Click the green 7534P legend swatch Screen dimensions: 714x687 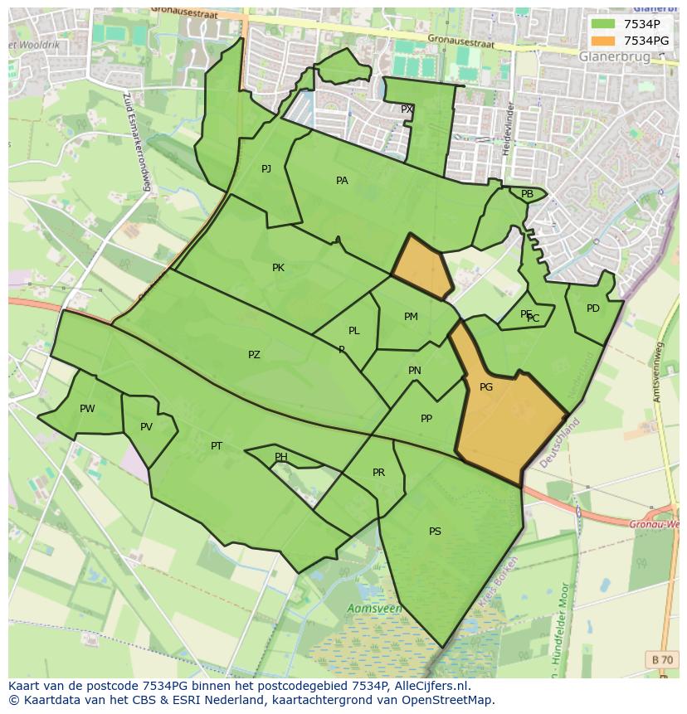(602, 23)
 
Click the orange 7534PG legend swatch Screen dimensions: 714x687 (602, 40)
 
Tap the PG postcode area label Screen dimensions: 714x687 (486, 387)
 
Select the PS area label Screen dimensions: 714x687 (435, 532)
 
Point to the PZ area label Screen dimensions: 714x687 (254, 355)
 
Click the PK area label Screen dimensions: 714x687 (278, 268)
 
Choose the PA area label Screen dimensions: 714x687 (342, 181)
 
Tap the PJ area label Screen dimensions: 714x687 (266, 169)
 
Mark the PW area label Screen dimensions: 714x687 (87, 409)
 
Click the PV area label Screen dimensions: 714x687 (146, 428)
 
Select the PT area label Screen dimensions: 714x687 (217, 446)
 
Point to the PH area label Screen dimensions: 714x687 (281, 457)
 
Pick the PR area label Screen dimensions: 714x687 (378, 473)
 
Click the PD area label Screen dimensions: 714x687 (592, 308)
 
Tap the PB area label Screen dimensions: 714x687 (527, 194)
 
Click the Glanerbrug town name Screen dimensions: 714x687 (615, 56)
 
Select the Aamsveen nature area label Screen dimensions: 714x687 (374, 609)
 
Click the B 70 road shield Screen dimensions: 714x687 (662, 659)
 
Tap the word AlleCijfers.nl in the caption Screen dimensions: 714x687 (431, 686)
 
